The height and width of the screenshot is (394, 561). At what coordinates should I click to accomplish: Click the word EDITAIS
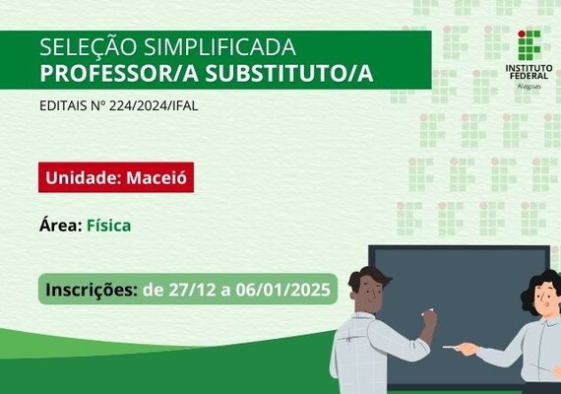pos(62,104)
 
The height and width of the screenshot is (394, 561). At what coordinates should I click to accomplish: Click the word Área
pos(61,226)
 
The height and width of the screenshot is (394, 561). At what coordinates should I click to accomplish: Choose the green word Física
pos(108,226)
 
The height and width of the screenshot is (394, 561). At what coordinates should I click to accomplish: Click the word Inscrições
pos(92,290)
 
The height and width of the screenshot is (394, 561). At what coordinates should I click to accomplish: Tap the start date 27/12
pos(186,290)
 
